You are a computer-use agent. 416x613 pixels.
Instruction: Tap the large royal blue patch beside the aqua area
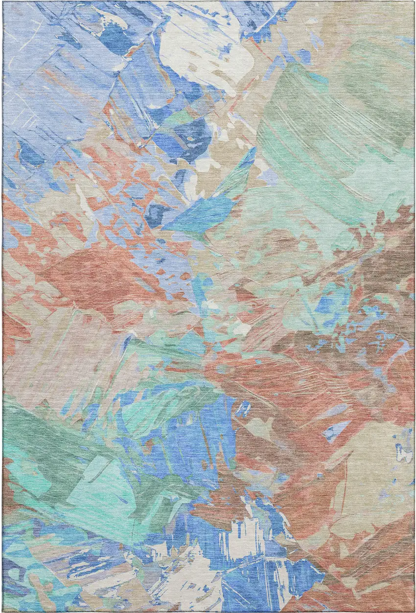coord(196,440)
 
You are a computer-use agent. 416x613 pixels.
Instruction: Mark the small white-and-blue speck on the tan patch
coord(404,452)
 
